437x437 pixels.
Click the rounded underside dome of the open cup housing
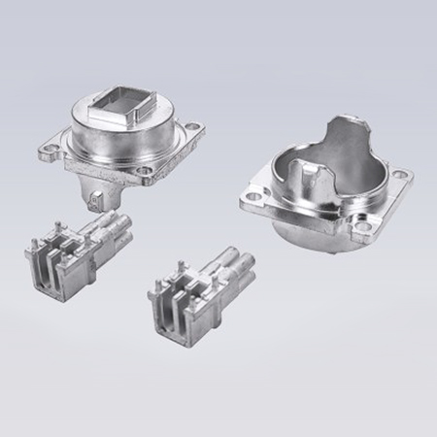(x=311, y=243)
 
